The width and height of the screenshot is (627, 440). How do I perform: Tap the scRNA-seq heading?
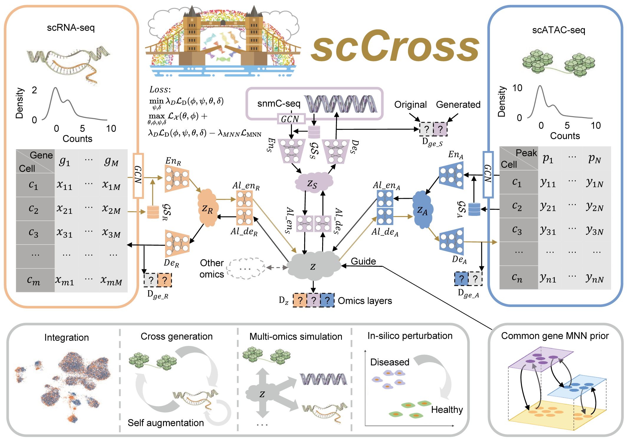click(71, 28)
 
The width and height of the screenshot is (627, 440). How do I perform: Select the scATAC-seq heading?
click(558, 30)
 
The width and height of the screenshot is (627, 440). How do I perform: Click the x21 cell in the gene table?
click(65, 209)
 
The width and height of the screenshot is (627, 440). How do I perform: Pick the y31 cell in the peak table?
click(548, 230)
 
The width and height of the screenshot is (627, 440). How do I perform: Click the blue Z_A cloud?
click(422, 210)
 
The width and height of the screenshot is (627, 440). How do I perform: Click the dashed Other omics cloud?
click(245, 268)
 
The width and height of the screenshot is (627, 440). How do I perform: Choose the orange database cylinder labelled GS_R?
click(153, 212)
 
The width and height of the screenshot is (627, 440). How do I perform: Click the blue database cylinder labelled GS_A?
click(474, 209)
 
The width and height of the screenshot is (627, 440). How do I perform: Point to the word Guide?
click(363, 261)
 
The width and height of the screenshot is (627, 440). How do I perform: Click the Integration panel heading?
click(67, 337)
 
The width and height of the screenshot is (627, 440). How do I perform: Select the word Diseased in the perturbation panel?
click(390, 362)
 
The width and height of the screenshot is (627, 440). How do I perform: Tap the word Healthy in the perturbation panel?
click(447, 410)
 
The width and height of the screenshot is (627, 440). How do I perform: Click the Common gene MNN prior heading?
click(555, 336)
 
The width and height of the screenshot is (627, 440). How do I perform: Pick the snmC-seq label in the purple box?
click(279, 104)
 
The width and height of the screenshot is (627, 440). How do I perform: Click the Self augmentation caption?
click(166, 423)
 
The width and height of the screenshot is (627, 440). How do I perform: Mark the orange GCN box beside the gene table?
click(138, 176)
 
